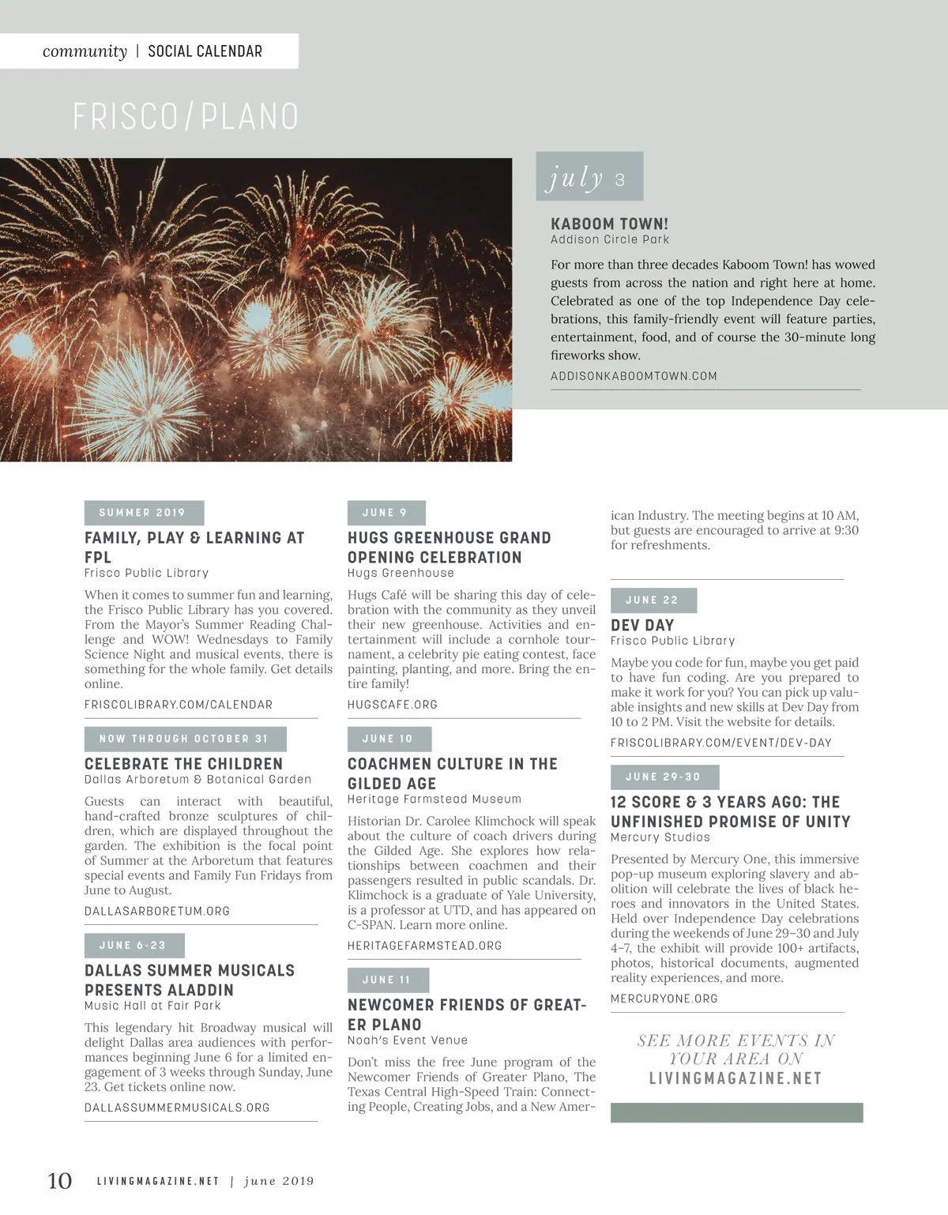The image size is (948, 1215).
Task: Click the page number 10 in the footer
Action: (60, 1180)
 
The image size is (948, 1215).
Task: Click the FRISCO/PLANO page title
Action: (186, 117)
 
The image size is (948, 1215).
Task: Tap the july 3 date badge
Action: (589, 177)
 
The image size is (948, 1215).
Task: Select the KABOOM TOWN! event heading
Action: (609, 224)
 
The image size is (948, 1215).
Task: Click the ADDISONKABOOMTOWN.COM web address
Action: (634, 376)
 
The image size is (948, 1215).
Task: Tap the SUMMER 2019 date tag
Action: (143, 513)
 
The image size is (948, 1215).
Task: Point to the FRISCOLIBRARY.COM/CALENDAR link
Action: (179, 705)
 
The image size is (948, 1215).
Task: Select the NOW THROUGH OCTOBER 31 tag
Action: (184, 739)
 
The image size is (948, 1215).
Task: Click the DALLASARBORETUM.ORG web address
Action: (157, 911)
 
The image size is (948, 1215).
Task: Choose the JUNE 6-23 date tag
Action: (134, 946)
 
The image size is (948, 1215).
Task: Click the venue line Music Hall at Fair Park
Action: (152, 1006)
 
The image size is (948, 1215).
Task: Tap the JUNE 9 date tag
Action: (386, 513)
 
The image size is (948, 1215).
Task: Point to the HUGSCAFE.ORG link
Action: (393, 705)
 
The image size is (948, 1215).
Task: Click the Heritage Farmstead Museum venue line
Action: (434, 799)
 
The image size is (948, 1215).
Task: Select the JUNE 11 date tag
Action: (387, 980)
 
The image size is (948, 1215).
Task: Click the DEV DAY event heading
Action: (642, 625)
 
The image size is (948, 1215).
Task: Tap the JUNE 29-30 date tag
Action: (664, 777)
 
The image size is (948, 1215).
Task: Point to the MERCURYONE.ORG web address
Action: (664, 999)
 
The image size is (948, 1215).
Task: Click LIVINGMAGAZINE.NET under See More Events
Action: (735, 1078)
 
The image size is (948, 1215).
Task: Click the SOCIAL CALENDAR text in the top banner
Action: (205, 51)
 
